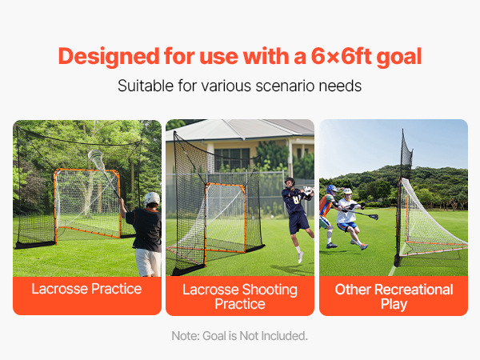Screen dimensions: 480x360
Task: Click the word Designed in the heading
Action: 109,58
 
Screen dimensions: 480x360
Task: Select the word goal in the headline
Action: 399,58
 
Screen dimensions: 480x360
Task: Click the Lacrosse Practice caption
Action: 86,289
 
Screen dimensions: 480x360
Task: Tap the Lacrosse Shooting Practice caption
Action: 240,297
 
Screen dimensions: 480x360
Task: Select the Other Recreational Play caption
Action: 394,297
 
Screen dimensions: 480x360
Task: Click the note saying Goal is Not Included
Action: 239,336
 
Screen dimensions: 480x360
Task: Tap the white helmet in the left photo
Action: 152,199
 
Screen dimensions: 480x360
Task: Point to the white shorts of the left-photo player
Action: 148,262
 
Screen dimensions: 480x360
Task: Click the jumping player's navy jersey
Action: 294,202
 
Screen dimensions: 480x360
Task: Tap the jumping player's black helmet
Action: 290,182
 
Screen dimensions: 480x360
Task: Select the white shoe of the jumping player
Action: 301,257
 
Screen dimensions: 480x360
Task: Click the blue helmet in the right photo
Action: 331,189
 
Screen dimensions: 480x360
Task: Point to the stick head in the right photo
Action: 374,217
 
